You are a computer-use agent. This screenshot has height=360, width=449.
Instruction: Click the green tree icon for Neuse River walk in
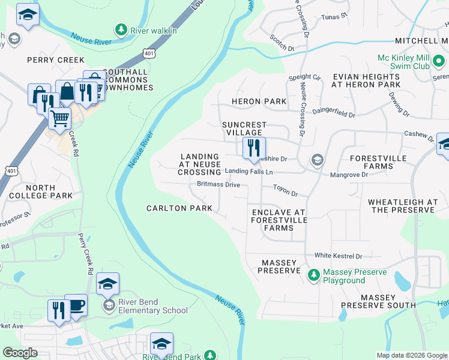(121, 29)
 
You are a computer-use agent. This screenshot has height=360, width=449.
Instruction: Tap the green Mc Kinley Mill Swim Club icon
(439, 61)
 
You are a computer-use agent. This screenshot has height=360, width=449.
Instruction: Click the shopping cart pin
(59, 118)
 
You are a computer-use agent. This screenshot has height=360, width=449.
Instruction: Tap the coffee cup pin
(76, 305)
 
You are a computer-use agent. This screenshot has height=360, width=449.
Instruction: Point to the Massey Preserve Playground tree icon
(313, 275)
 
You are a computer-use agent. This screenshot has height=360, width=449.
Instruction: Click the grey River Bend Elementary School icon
(108, 306)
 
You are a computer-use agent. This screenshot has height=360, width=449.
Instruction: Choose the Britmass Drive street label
(219, 185)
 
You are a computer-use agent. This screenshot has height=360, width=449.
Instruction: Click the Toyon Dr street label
(285, 193)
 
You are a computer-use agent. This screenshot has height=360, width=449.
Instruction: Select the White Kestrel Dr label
(343, 256)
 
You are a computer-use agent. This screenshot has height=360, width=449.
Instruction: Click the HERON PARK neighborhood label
(260, 101)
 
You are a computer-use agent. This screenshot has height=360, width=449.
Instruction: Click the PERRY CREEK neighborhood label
(56, 60)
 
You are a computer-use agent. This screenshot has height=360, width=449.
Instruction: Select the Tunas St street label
(335, 17)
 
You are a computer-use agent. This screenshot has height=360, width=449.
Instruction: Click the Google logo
(20, 353)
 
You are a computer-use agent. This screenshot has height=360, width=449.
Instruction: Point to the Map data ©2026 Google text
(411, 355)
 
